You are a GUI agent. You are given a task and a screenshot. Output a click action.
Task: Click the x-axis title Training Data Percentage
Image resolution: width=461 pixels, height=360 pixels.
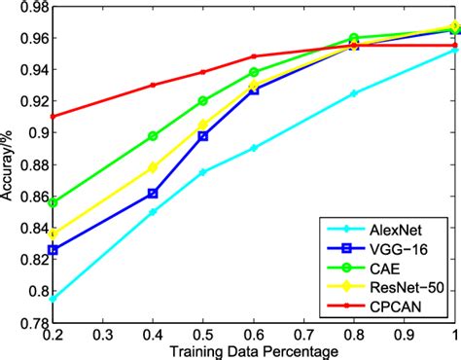[x=255, y=349]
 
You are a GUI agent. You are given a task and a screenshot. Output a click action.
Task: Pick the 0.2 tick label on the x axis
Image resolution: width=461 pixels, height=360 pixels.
[x=53, y=333]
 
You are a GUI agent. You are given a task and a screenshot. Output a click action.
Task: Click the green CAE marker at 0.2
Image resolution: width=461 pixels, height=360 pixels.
[x=53, y=202]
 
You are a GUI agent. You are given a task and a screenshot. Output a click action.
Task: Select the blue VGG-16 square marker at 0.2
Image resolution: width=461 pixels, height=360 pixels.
[x=53, y=250]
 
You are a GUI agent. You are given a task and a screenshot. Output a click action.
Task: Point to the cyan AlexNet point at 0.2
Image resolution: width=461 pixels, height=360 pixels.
[x=53, y=299]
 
